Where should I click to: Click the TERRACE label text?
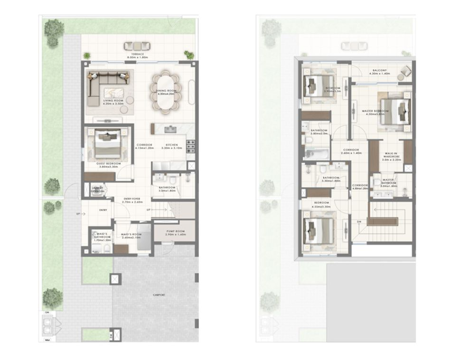point(133,55)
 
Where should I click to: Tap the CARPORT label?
point(159,295)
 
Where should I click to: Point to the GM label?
point(47,313)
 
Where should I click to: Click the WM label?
point(47,340)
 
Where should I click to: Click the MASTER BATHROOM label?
point(388,182)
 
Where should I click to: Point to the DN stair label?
point(359,222)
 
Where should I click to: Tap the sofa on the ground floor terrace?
point(137,46)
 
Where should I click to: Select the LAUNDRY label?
point(98,189)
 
